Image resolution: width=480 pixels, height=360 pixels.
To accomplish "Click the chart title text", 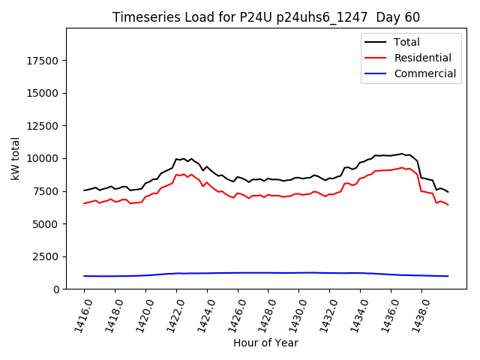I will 266,17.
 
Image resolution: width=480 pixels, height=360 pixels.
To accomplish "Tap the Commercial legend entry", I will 424,73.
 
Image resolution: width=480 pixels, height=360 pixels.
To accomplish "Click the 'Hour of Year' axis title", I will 265,343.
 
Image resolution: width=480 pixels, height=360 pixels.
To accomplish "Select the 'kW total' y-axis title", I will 16,158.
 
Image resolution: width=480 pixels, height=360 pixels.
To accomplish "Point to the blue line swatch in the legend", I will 375,73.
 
